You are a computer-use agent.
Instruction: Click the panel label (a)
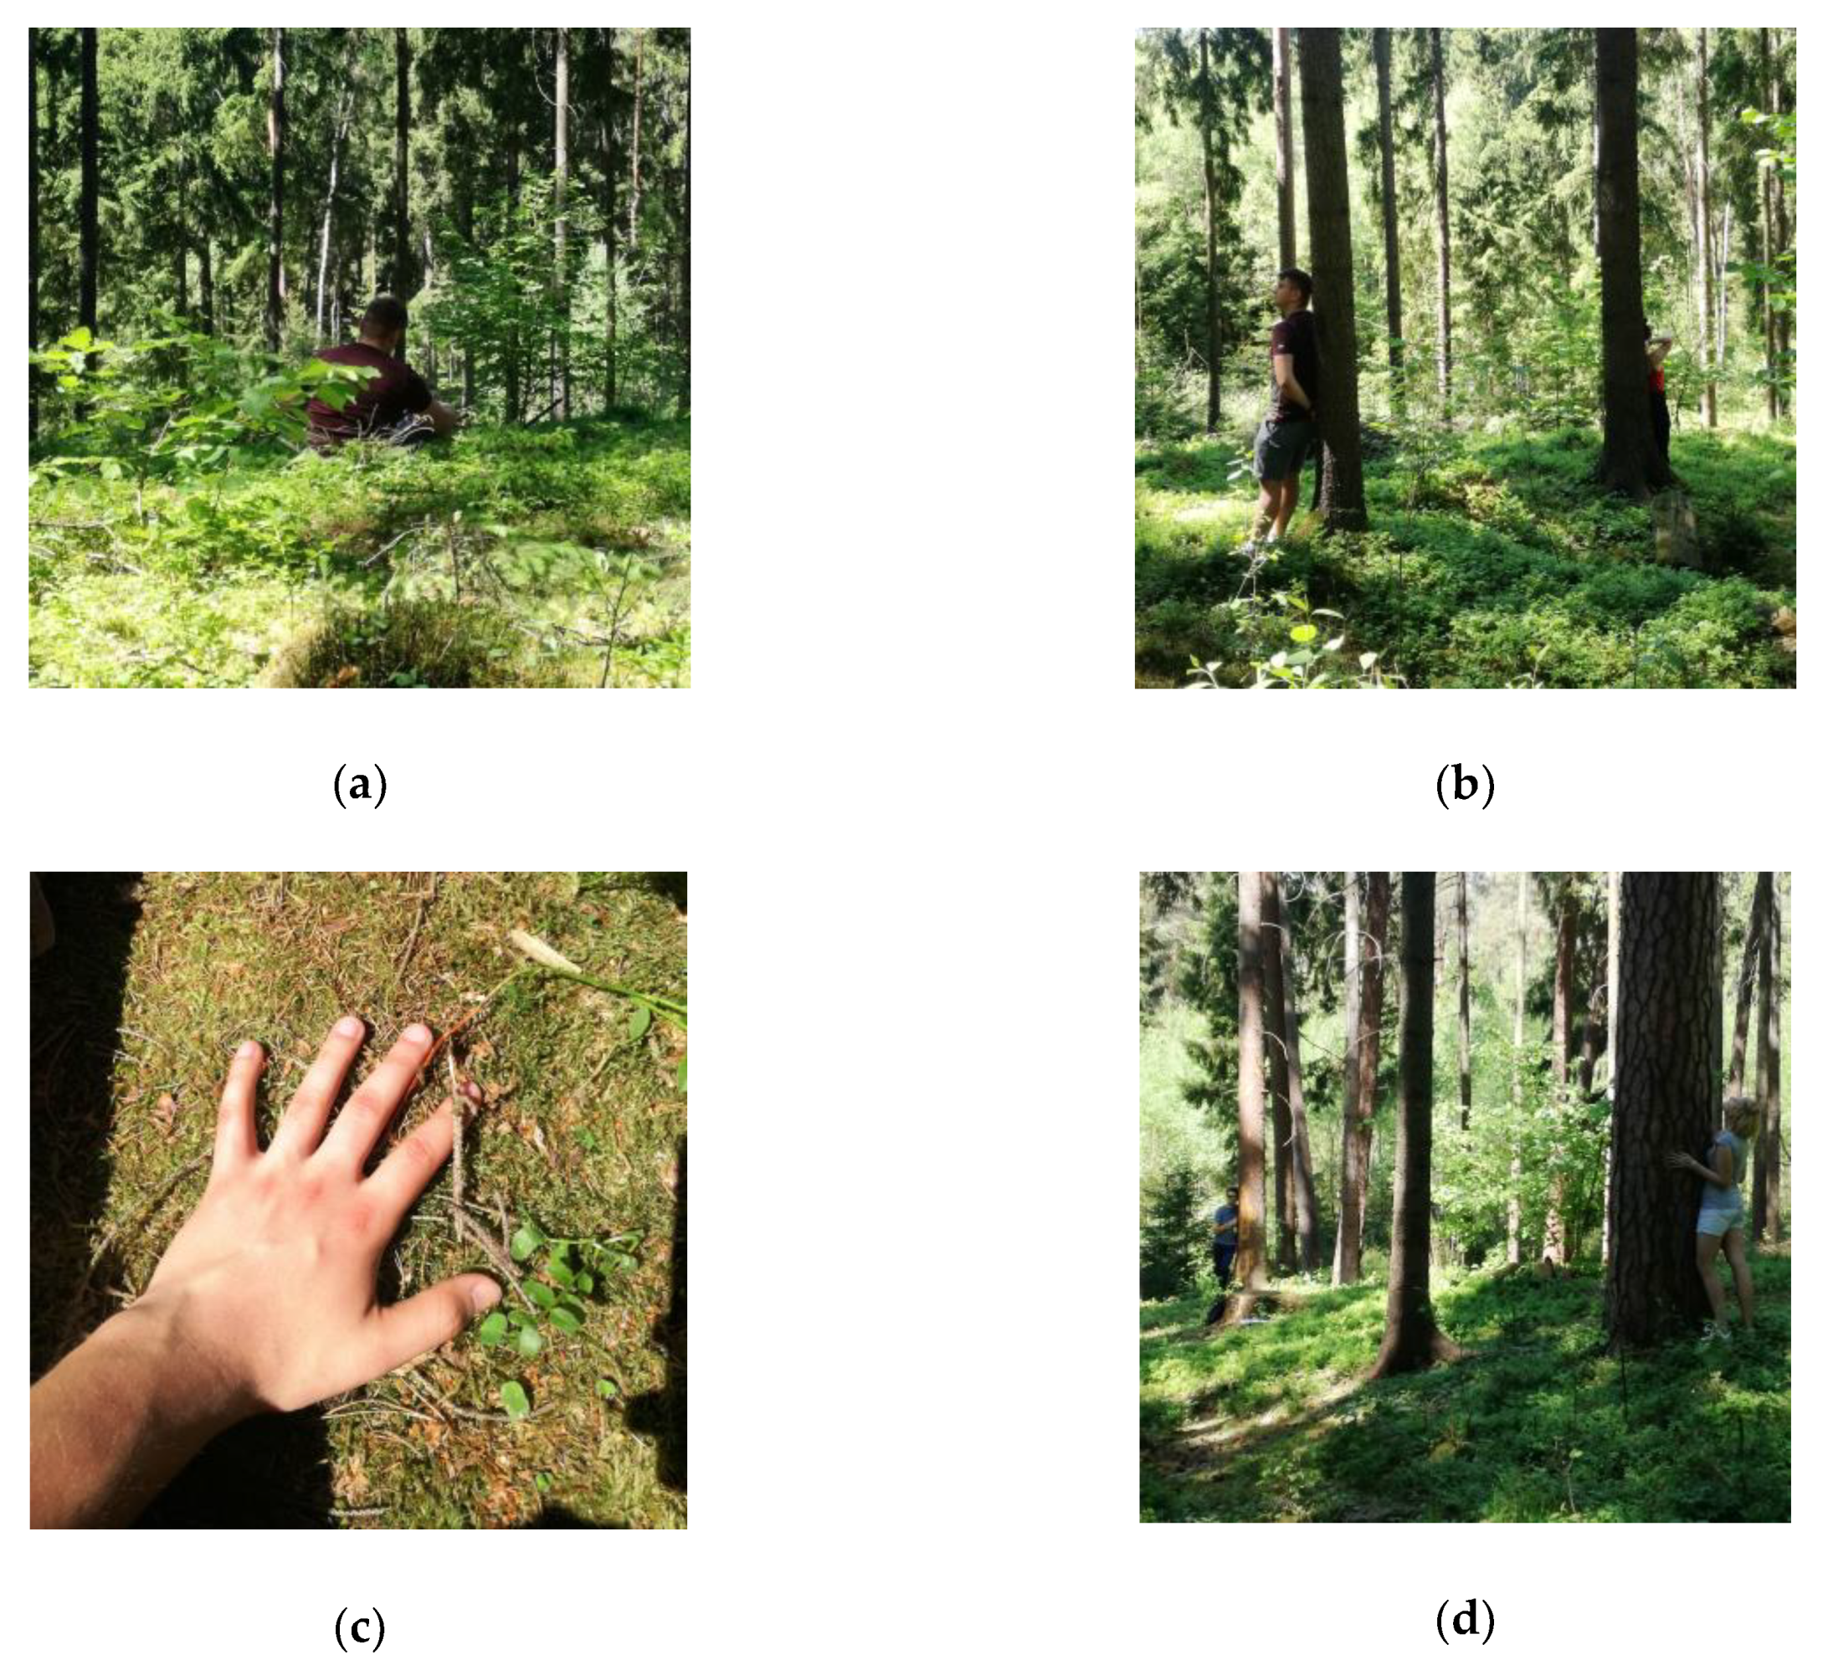(360, 784)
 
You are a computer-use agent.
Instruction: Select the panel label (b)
(1465, 784)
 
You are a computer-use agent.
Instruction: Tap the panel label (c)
(360, 1627)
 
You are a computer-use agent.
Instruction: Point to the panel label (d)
(1465, 1618)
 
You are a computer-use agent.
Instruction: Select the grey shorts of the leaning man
(1282, 448)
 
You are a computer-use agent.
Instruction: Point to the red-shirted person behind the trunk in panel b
(1657, 381)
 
